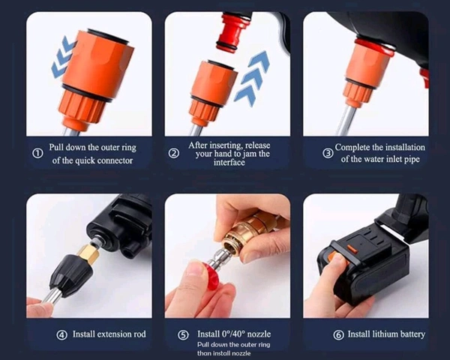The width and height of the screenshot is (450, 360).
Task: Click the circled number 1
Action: tap(37, 153)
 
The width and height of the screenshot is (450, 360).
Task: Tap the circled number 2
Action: tap(174, 153)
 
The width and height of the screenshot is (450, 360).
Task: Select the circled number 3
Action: tap(328, 153)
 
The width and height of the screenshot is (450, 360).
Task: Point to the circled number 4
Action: tap(61, 334)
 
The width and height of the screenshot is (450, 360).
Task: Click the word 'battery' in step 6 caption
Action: tap(409, 334)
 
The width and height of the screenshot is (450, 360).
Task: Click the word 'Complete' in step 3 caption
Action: tap(356, 148)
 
